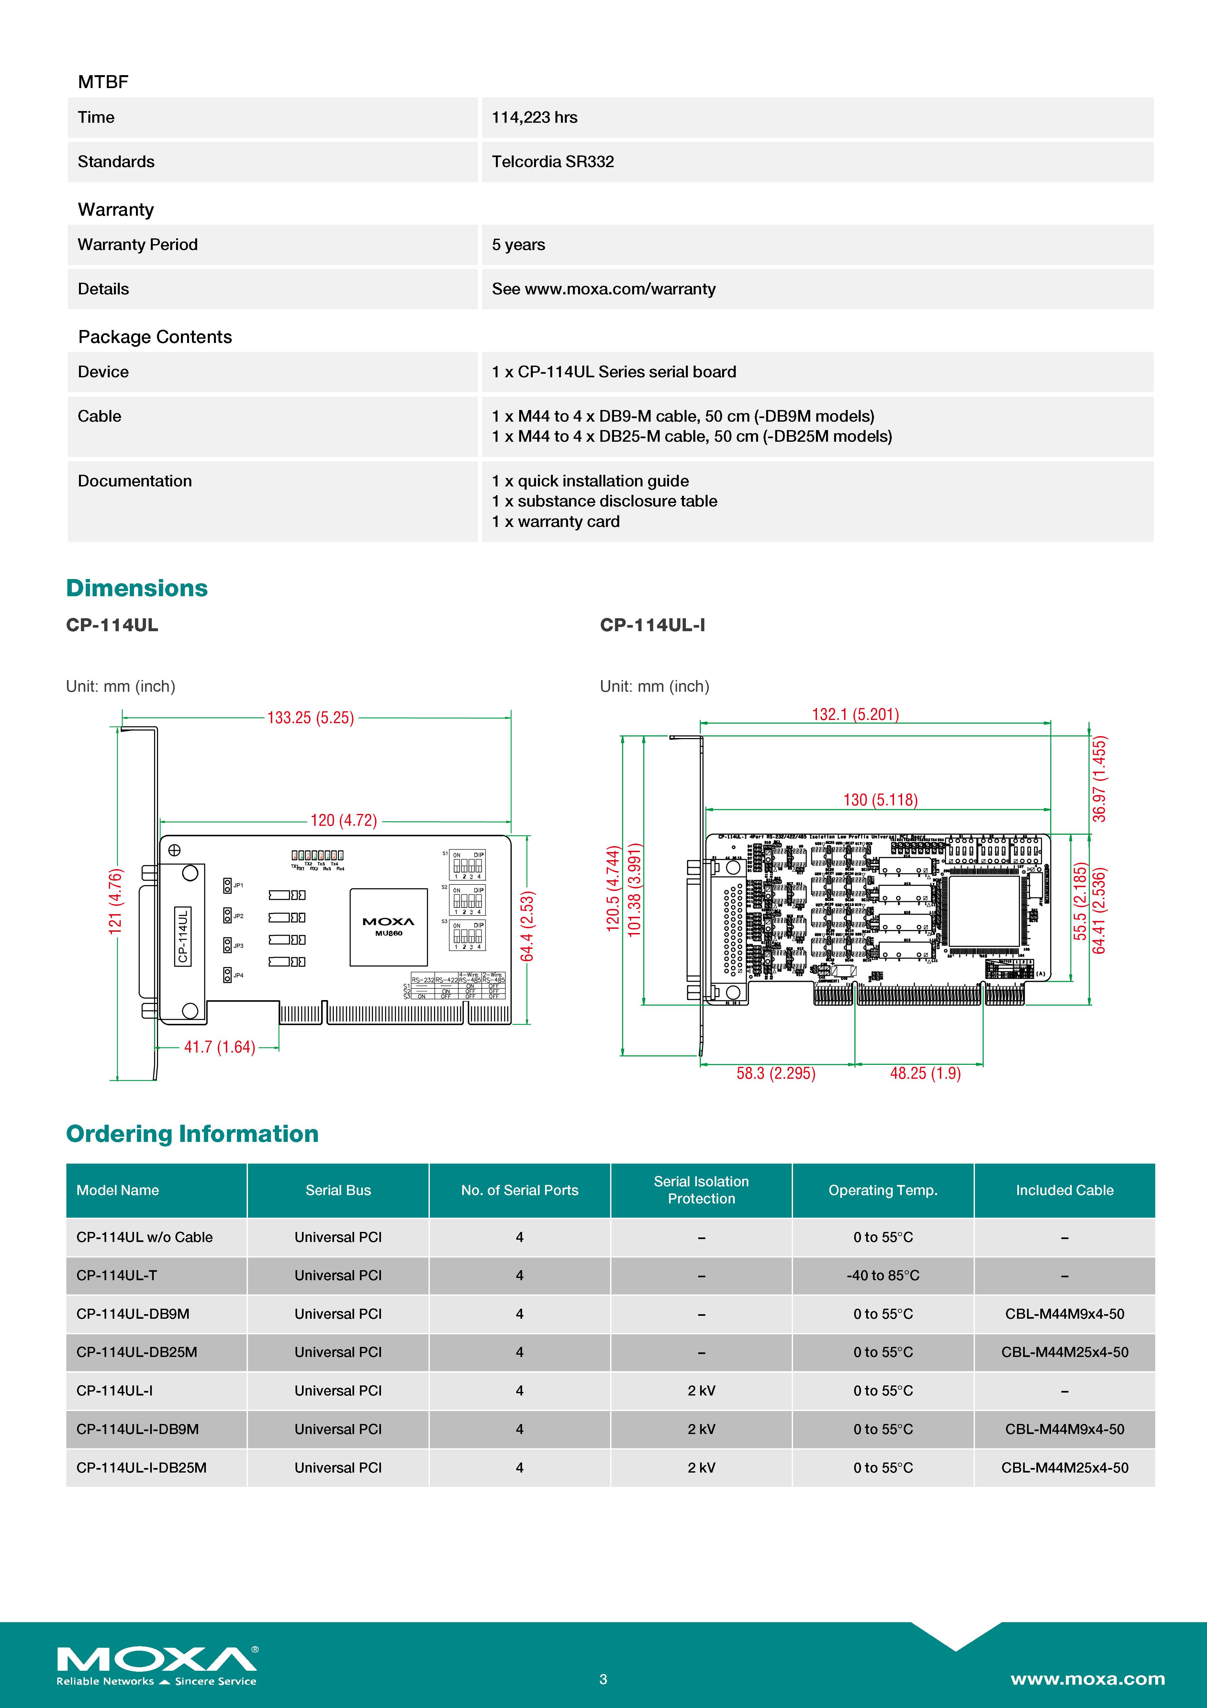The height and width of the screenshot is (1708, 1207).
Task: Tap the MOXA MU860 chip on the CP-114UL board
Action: (388, 927)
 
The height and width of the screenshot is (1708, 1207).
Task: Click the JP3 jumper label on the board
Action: (238, 946)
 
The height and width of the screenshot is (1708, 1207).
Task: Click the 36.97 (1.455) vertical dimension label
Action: (1099, 779)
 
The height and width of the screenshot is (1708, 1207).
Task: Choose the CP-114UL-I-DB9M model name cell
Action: (138, 1429)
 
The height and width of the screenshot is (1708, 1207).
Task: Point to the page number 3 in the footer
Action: (603, 1679)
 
